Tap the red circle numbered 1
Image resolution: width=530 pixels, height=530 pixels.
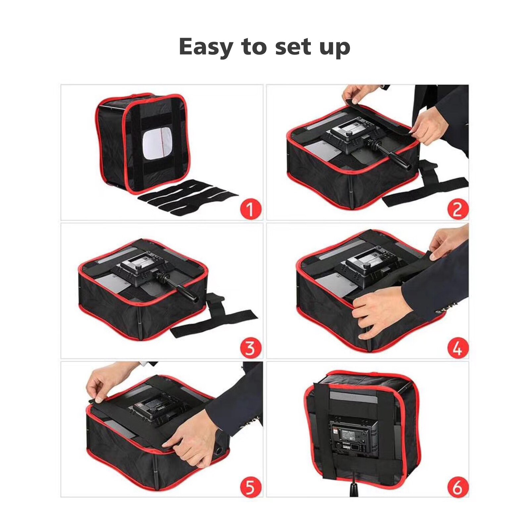pyautogui.click(x=250, y=209)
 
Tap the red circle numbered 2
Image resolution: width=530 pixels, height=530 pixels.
pyautogui.click(x=458, y=209)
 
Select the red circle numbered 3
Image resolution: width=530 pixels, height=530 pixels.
pyautogui.click(x=250, y=348)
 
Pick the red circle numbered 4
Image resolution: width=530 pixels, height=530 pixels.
pyautogui.click(x=458, y=348)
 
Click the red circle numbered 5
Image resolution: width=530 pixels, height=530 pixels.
pyautogui.click(x=250, y=487)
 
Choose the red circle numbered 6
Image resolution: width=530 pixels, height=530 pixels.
pyautogui.click(x=458, y=487)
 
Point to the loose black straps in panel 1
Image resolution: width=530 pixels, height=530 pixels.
pyautogui.click(x=187, y=197)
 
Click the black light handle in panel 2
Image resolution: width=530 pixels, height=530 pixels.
pyautogui.click(x=394, y=156)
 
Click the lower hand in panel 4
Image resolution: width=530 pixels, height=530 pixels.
pyautogui.click(x=381, y=311)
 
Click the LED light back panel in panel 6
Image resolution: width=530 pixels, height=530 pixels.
pyautogui.click(x=354, y=437)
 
